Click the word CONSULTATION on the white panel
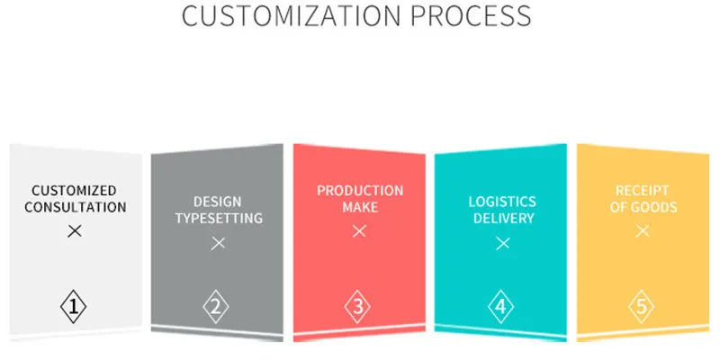tap(75, 207)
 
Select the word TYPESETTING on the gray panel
tap(218, 218)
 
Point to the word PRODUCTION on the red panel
tap(360, 191)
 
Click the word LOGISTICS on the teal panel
tap(502, 202)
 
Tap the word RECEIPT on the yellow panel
tap(642, 191)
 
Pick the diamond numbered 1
tap(75, 307)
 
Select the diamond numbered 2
tap(216, 307)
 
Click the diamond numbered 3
tap(358, 307)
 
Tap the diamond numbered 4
tap(501, 307)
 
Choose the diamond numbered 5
tap(642, 307)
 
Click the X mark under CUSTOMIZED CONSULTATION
tap(75, 231)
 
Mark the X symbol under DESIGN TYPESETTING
tap(218, 243)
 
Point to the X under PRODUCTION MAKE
tap(359, 231)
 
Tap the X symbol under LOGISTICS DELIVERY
tap(502, 243)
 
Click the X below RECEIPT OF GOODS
tap(642, 231)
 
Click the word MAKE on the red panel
tap(360, 207)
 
